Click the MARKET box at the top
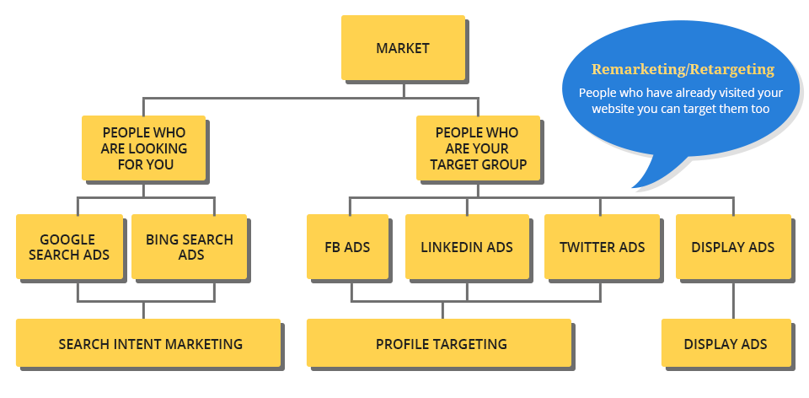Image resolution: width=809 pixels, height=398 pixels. (x=402, y=48)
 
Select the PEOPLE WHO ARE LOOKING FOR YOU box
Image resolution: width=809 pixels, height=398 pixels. (x=144, y=148)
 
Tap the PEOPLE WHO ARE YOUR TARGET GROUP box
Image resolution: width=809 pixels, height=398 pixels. (x=477, y=148)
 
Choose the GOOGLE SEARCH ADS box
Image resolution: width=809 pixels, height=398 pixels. (x=69, y=247)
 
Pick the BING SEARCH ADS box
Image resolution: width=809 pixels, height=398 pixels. (x=190, y=247)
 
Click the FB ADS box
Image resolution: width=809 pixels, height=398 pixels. (x=347, y=247)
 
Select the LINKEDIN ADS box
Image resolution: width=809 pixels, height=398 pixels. (x=467, y=247)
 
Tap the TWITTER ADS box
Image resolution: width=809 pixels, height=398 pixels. (x=602, y=247)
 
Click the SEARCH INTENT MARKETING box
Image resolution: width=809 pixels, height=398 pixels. (x=150, y=344)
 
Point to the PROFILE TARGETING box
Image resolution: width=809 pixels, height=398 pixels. (x=441, y=344)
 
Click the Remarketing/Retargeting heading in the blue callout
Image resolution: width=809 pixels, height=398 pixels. (x=683, y=69)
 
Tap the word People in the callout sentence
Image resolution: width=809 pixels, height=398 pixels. (x=597, y=93)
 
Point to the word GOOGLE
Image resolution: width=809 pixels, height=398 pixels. (x=67, y=239)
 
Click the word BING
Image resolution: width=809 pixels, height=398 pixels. (x=162, y=239)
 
